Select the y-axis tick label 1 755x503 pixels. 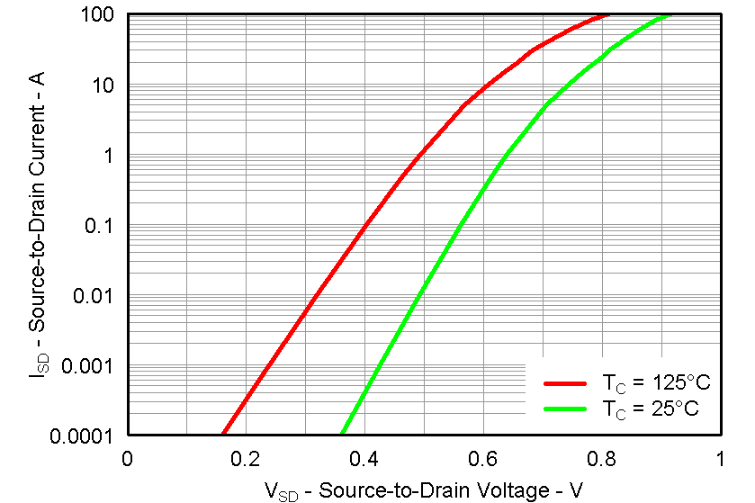[x=110, y=156]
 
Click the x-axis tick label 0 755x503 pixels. [x=128, y=458]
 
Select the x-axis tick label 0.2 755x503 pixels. [x=246, y=458]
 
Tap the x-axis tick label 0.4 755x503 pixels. [x=364, y=458]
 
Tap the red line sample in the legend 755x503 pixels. [x=565, y=383]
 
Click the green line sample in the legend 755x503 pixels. [x=565, y=409]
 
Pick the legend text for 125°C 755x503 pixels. [x=656, y=383]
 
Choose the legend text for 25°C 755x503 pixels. [x=651, y=409]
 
